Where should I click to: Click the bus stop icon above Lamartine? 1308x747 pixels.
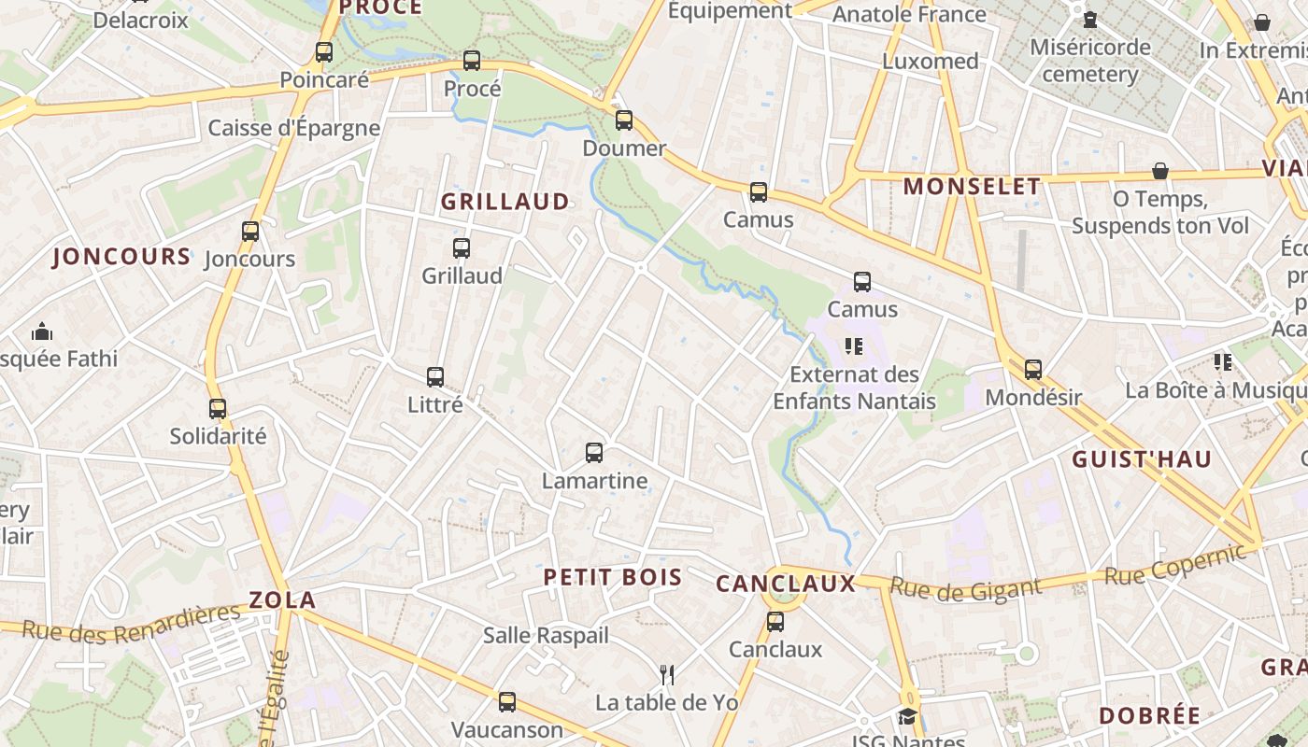(594, 453)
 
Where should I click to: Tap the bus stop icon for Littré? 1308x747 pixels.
(435, 377)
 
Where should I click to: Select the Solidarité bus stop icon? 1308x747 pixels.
(218, 408)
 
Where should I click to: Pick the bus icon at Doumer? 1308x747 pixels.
(624, 120)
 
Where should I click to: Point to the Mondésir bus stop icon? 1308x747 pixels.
(1033, 370)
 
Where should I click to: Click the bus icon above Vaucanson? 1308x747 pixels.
(507, 701)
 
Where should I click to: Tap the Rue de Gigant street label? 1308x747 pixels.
(965, 587)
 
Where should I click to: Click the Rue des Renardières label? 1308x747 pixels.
(131, 623)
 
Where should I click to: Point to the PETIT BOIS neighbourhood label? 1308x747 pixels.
(613, 577)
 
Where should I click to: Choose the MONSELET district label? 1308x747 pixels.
(972, 186)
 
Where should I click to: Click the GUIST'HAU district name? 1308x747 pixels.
(1142, 458)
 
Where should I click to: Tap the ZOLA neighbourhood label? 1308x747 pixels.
(282, 599)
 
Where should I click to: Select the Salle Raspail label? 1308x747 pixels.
(546, 636)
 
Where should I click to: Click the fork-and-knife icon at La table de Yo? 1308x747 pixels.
(667, 674)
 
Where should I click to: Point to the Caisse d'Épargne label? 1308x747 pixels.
(294, 128)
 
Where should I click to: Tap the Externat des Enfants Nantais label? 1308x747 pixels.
(854, 388)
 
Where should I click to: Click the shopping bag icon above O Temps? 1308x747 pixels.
(1160, 171)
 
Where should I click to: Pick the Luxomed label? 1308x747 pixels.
(931, 62)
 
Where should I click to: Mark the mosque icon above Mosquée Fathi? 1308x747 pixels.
(42, 331)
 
